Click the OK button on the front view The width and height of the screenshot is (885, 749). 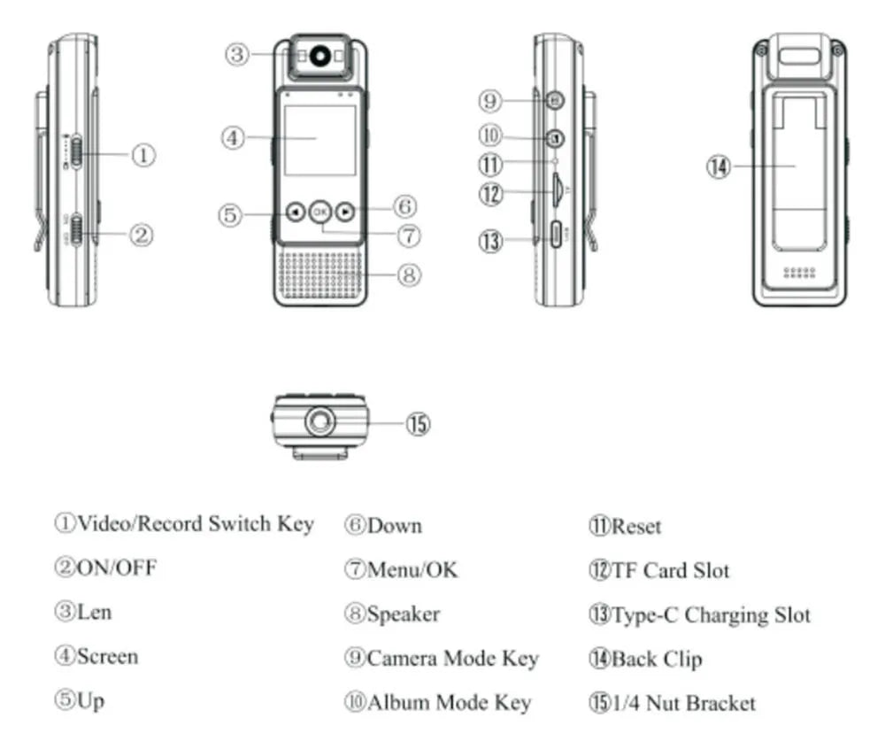(320, 212)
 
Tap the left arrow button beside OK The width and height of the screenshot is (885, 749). (295, 212)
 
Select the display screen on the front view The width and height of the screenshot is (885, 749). (319, 139)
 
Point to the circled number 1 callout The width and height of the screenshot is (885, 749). (143, 155)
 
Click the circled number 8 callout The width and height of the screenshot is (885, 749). (408, 275)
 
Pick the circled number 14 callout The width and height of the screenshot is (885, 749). (719, 166)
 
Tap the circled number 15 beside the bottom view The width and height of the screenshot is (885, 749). (418, 424)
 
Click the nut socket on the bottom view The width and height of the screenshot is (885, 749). (319, 421)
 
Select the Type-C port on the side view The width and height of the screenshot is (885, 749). (557, 236)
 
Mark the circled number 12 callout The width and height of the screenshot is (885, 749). (491, 193)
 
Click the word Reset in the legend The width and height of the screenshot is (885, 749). (636, 527)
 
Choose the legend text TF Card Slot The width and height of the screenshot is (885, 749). (671, 570)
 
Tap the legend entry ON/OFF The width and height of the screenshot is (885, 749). (117, 568)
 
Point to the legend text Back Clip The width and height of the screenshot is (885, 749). (656, 659)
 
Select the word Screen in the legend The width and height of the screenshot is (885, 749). (107, 657)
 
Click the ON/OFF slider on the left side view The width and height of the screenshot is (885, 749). (78, 232)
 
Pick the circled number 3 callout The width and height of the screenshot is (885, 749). (236, 55)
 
